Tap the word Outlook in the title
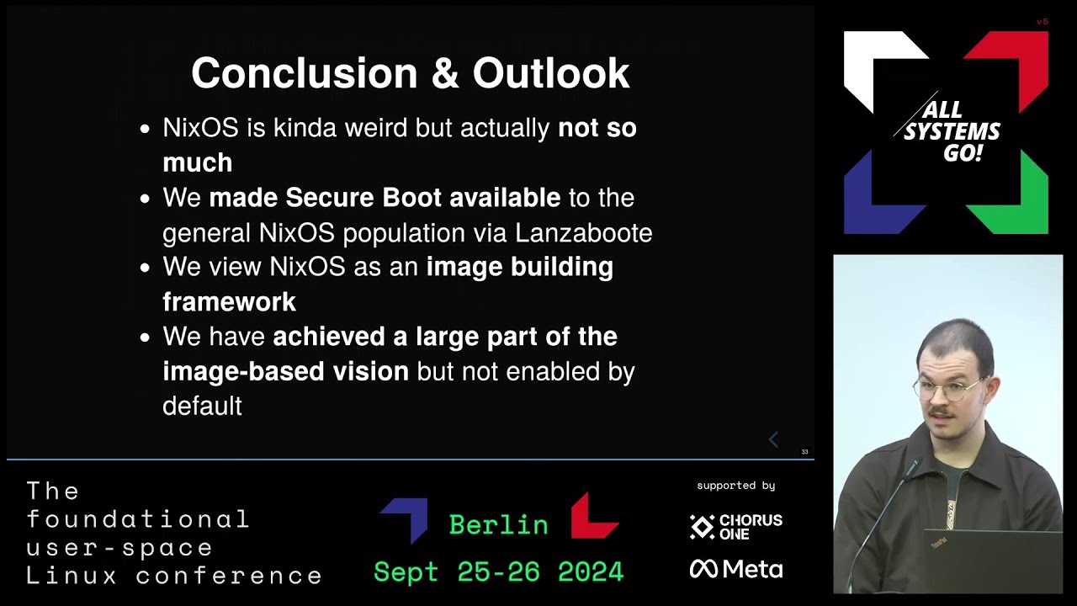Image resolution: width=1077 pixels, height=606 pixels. [551, 73]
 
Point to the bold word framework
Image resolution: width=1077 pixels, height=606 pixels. [229, 301]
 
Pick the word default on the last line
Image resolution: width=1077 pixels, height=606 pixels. [202, 406]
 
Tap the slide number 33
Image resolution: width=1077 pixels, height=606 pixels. [804, 452]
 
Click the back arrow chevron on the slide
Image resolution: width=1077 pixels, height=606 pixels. [773, 439]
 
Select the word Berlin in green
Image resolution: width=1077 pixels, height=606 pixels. [498, 524]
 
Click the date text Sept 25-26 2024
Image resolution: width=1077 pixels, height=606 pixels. [498, 572]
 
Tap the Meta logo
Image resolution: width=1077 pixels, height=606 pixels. [736, 570]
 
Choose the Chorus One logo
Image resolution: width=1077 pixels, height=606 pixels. [736, 527]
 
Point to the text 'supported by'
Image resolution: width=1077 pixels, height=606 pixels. [735, 486]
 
